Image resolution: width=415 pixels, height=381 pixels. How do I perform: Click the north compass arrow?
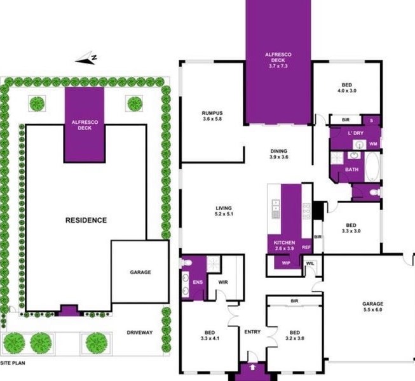point(85,60)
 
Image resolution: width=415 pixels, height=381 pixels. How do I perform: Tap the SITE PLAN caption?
point(13,363)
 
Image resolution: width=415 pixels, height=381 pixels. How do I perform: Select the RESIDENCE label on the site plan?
point(86,220)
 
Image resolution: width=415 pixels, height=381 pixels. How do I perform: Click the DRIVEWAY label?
point(140,333)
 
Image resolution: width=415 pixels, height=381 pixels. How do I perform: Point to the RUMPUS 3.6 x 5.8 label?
point(212,116)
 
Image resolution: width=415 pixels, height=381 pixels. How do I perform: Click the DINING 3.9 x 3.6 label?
point(279,154)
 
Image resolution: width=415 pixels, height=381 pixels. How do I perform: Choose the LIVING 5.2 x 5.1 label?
point(224,211)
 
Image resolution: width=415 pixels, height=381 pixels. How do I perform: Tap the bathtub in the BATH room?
point(372,167)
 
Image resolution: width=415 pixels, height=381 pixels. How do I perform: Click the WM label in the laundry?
point(373,144)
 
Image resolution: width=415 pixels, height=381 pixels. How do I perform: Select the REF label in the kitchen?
point(306,248)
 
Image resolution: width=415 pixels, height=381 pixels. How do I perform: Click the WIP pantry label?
point(286,263)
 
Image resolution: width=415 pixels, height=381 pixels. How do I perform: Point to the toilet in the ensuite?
point(186,263)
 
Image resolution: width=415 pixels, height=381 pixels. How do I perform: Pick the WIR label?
point(223,282)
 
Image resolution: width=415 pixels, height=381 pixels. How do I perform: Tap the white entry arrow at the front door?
point(253,367)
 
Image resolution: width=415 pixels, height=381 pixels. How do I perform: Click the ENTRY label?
point(252,332)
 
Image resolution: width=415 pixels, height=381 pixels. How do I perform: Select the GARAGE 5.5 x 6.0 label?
point(372,307)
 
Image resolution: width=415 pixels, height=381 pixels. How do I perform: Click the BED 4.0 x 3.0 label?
point(347,88)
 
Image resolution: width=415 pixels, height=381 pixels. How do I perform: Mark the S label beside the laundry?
point(371,121)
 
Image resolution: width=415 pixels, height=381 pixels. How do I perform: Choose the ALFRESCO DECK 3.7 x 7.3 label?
point(278,60)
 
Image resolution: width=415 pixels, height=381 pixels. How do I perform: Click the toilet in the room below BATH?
point(374,192)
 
